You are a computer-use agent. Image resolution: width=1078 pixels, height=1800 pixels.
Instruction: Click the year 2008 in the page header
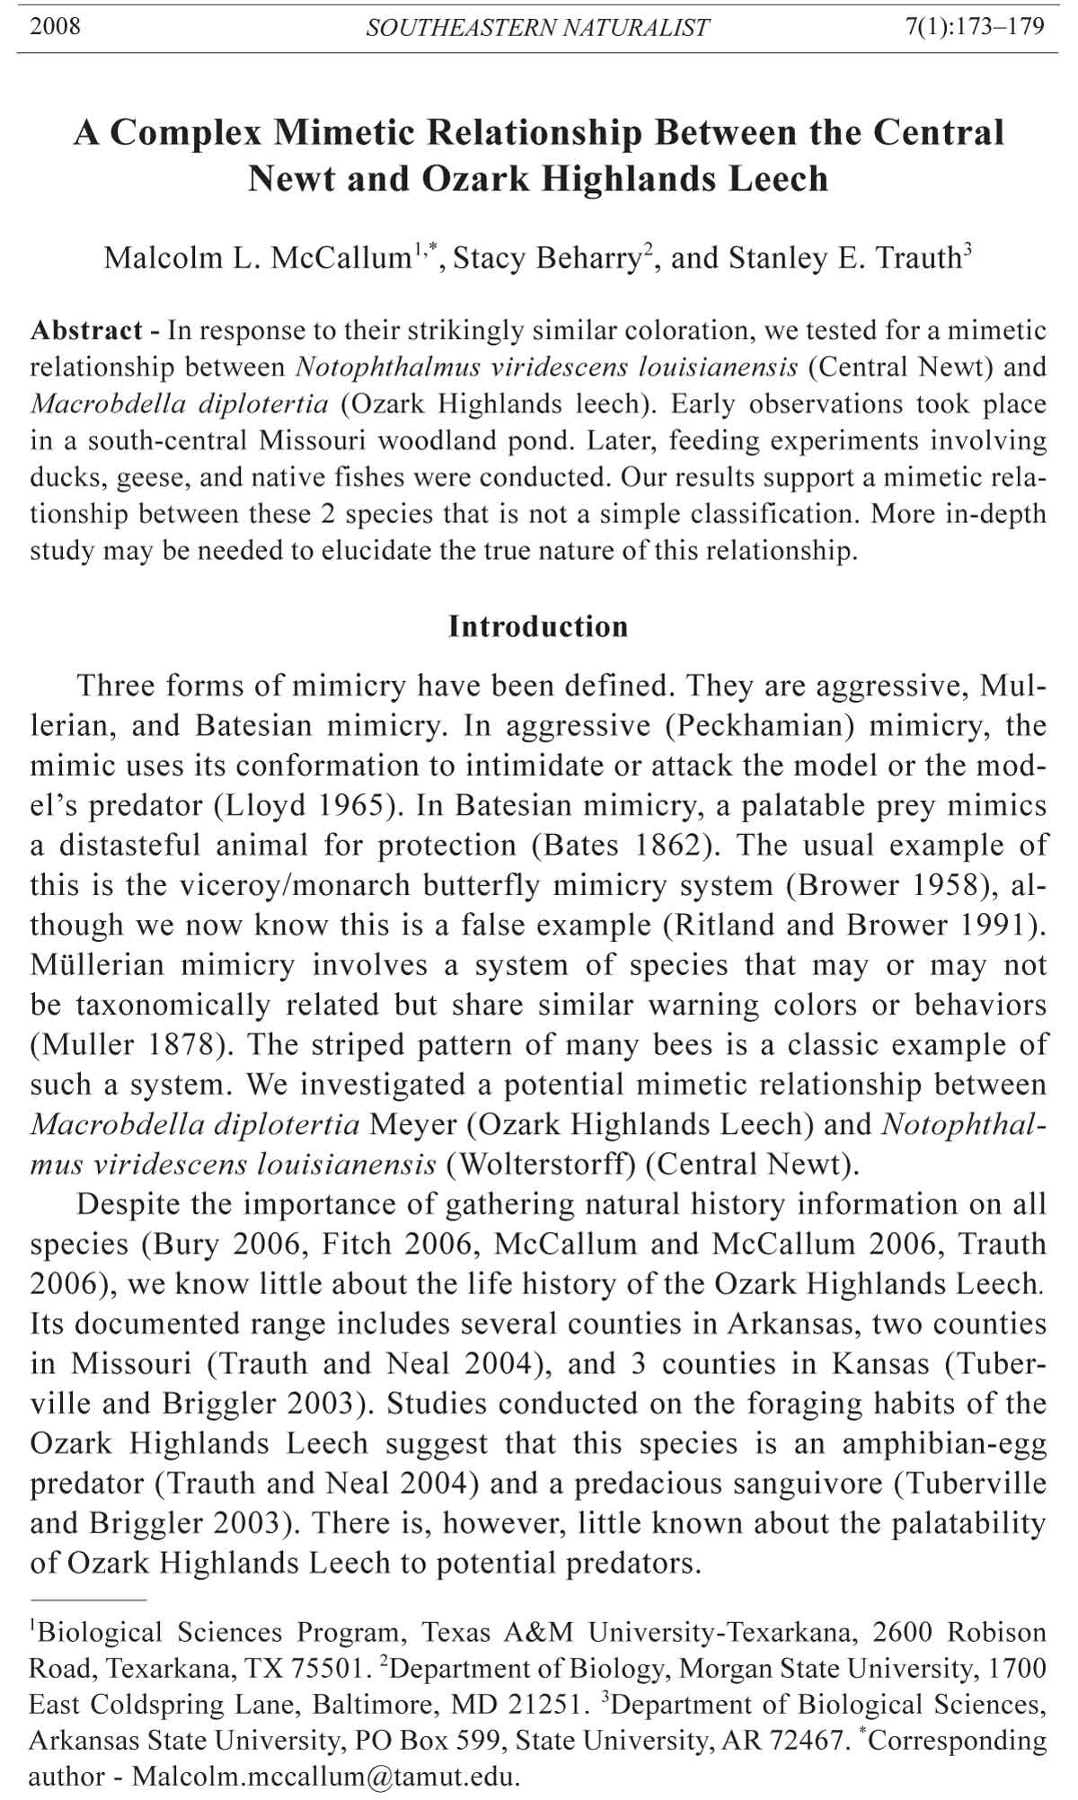[55, 26]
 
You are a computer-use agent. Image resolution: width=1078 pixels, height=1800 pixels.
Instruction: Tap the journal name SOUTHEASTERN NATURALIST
[537, 28]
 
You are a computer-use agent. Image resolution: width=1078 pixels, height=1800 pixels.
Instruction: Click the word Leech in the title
[778, 178]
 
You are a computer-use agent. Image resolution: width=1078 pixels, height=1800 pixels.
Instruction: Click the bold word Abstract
[86, 331]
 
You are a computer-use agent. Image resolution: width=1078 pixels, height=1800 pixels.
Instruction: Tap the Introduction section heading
[538, 626]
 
